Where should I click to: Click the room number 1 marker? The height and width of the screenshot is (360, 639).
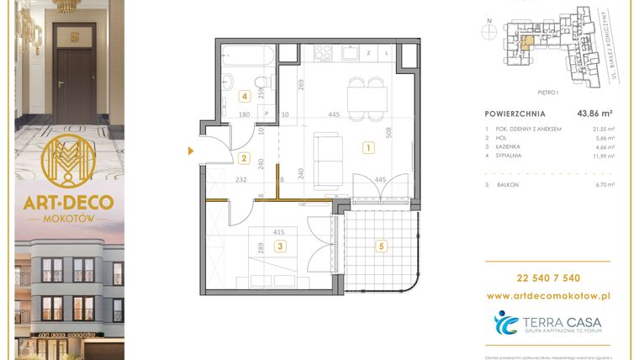367,148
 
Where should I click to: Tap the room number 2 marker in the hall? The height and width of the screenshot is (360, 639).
244,157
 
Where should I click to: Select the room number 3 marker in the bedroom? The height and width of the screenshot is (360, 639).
280,246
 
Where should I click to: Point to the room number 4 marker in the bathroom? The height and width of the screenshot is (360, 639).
244,96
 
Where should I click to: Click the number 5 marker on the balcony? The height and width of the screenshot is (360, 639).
381,246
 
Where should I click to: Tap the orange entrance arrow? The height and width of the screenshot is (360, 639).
192,151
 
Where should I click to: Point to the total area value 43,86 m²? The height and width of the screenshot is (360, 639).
593,113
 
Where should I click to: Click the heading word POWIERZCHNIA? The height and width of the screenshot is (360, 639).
515,113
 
